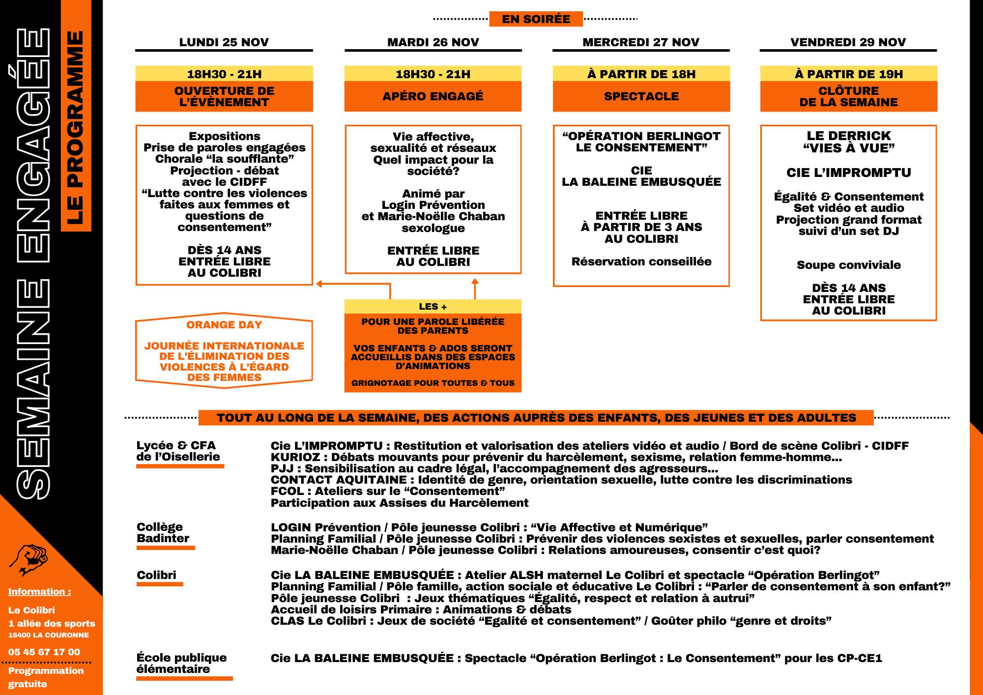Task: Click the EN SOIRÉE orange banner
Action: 536,19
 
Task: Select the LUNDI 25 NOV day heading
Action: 224,42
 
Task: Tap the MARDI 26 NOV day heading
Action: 433,42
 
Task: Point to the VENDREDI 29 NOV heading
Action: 848,42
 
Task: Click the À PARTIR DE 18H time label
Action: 641,74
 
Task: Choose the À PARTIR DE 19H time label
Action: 848,74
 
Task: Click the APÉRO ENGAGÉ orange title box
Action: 433,96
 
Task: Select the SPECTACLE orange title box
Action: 641,96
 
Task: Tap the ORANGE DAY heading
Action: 224,325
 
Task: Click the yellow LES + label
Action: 433,307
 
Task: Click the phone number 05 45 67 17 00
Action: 44,652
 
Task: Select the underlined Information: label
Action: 39,592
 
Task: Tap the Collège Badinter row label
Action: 163,533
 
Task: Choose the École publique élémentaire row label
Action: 181,664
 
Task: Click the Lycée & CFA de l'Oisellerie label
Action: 178,451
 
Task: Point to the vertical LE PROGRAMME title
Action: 76,128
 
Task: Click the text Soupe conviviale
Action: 848,265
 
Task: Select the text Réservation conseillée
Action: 641,262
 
